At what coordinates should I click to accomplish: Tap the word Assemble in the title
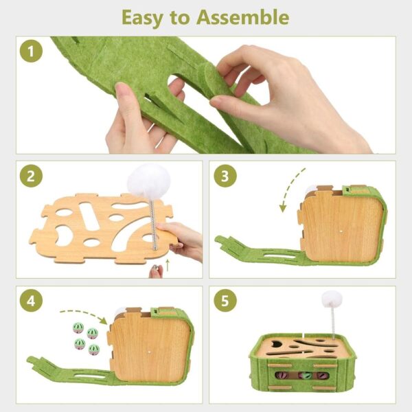[x=243, y=17]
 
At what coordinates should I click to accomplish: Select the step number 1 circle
[x=31, y=51]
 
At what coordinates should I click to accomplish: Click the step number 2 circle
[x=31, y=176]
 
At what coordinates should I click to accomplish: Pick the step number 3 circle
[x=225, y=176]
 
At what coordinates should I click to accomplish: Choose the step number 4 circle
[x=31, y=301]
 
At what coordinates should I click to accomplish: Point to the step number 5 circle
[x=225, y=301]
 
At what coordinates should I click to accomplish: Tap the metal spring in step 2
[x=152, y=223]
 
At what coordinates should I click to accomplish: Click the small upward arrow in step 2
[x=168, y=265]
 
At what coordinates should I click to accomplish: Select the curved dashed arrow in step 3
[x=290, y=190]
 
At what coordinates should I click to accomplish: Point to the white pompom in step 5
[x=332, y=299]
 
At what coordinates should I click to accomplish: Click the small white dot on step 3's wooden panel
[x=341, y=232]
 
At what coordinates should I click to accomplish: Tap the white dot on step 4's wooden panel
[x=149, y=352]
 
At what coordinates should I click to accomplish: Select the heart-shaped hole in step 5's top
[x=275, y=344]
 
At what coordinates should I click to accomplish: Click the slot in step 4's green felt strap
[x=89, y=376]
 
